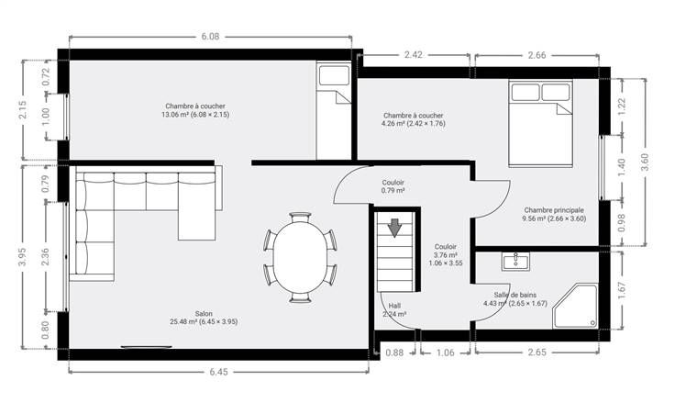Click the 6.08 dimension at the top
210,37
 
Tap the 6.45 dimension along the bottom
218,372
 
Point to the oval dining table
300,257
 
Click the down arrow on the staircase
394,228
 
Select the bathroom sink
515,262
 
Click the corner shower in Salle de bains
576,306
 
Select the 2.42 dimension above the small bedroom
414,55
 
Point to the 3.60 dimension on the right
645,162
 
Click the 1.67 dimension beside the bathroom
623,290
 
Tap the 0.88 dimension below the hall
394,353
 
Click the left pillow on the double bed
526,92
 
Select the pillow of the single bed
334,75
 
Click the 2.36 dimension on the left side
45,256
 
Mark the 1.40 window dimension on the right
621,167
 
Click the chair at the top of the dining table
300,217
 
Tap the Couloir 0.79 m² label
393,186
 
